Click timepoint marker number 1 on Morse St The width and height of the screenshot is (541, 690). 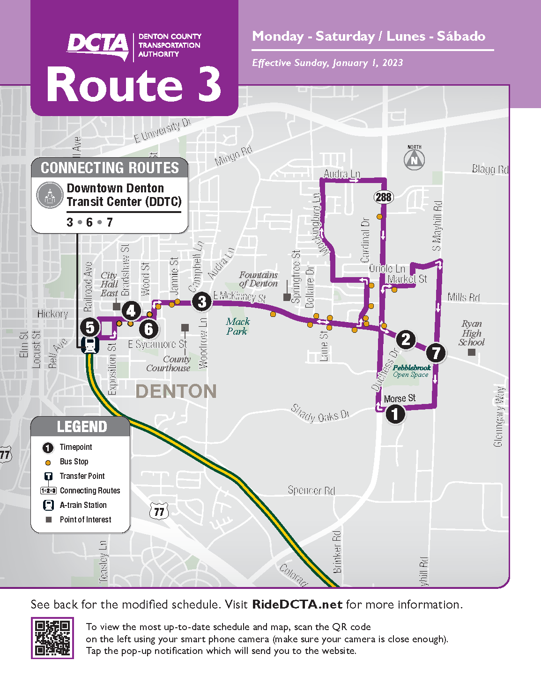pyautogui.click(x=395, y=414)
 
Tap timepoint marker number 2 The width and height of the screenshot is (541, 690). pyautogui.click(x=406, y=339)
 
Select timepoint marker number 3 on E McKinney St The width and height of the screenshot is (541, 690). pyautogui.click(x=202, y=301)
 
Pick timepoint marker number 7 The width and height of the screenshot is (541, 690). pyautogui.click(x=436, y=352)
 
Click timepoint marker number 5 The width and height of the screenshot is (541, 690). pyautogui.click(x=90, y=328)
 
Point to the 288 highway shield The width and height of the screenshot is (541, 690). pyautogui.click(x=383, y=197)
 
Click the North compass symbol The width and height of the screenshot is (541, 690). pyautogui.click(x=414, y=160)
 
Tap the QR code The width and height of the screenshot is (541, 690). pyautogui.click(x=52, y=638)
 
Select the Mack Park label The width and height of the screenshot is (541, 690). pyautogui.click(x=237, y=326)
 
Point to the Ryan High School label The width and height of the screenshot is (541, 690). pyautogui.click(x=471, y=333)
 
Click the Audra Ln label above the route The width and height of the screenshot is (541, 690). pyautogui.click(x=342, y=174)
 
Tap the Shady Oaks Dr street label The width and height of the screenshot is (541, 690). pyautogui.click(x=320, y=413)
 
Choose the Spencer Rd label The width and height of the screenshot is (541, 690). pyautogui.click(x=311, y=490)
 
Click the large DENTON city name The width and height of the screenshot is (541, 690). pyautogui.click(x=176, y=391)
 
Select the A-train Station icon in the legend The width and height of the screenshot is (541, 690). pyautogui.click(x=48, y=505)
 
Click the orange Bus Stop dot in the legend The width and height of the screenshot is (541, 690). pyautogui.click(x=48, y=462)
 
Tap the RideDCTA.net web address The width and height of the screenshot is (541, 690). pyautogui.click(x=297, y=604)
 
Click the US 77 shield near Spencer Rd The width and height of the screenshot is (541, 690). pyautogui.click(x=159, y=511)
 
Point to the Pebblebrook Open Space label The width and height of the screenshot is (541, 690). pyautogui.click(x=411, y=371)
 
